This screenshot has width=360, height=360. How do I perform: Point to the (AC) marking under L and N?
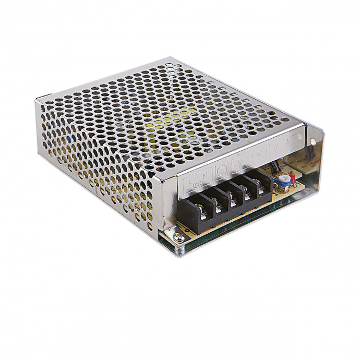197,183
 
